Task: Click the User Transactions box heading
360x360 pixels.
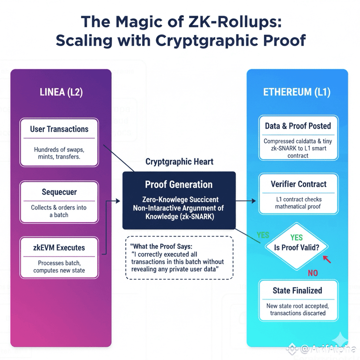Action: (x=59, y=129)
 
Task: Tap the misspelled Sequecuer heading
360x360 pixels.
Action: (x=59, y=192)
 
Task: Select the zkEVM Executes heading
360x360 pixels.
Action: (x=59, y=248)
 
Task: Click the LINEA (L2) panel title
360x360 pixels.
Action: (x=61, y=92)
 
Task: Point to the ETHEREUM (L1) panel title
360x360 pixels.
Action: (x=297, y=92)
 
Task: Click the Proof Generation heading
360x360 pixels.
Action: (x=179, y=184)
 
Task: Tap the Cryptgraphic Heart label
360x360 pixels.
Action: (x=179, y=162)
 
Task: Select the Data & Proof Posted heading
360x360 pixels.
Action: (x=298, y=126)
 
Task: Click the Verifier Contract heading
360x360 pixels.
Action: (x=298, y=184)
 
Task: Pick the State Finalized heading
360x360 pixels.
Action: (x=297, y=290)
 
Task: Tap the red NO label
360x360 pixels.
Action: (x=313, y=273)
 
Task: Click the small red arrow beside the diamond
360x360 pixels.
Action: (x=327, y=259)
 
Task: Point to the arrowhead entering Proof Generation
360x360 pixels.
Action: (x=120, y=201)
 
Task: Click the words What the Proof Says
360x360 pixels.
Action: (x=162, y=246)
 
